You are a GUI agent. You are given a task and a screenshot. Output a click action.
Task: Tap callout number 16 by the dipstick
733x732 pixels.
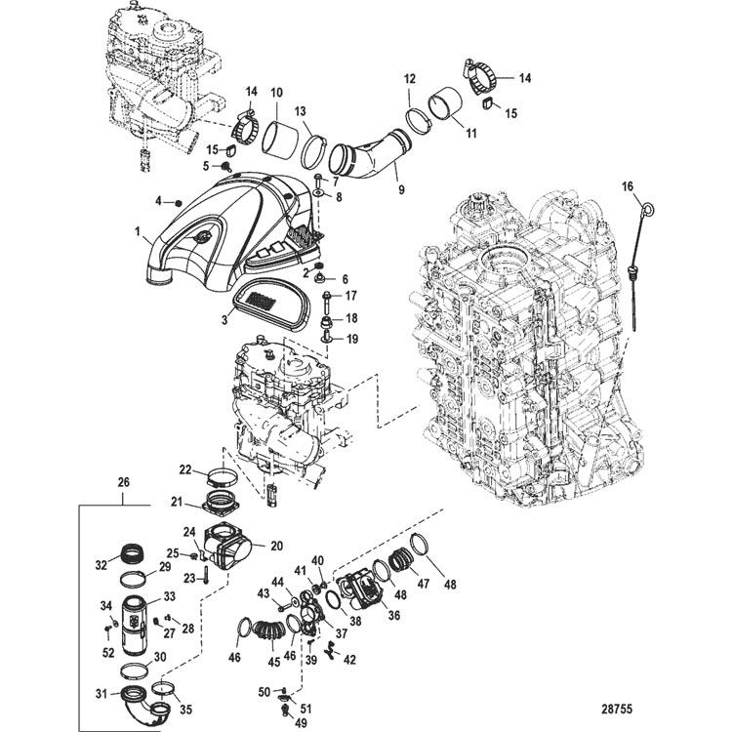628,185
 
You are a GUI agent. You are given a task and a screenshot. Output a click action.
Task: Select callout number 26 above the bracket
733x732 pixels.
124,481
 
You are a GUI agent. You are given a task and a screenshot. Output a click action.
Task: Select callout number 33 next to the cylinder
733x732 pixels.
168,596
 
